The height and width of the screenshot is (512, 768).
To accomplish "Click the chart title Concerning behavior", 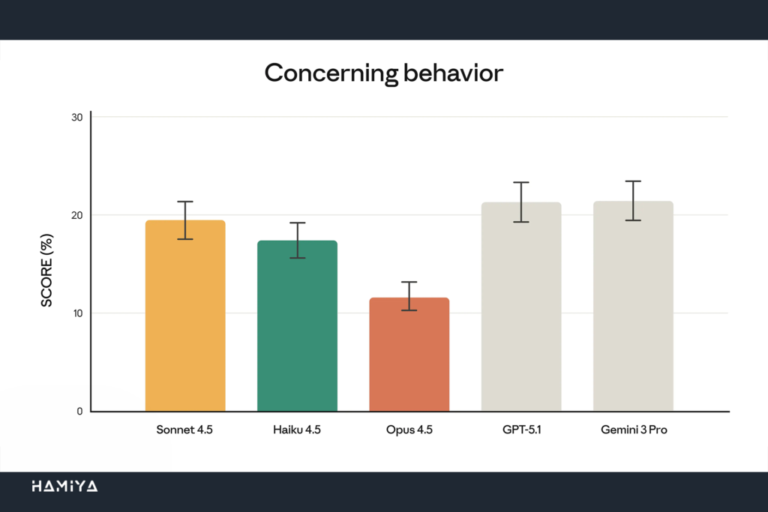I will click(383, 73).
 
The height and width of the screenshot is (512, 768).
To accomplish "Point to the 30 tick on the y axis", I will click(77, 117).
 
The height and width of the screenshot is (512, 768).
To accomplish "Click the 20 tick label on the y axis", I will click(77, 215).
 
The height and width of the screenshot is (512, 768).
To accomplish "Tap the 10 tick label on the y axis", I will click(77, 313).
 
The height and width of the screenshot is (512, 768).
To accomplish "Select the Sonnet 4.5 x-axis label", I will click(185, 431).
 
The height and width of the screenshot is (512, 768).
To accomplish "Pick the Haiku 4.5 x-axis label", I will click(297, 431).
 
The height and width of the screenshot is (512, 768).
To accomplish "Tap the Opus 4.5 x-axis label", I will click(409, 431).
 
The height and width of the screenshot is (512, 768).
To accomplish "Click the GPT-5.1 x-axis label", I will click(521, 431).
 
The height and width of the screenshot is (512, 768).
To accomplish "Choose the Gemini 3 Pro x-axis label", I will click(633, 431).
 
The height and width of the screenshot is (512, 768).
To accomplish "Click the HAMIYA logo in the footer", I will click(64, 487).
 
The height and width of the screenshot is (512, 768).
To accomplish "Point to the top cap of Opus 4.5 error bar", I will click(409, 282).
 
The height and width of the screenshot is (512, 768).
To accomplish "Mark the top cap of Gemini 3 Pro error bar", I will click(633, 181).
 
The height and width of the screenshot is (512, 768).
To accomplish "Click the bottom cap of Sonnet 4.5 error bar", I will click(185, 239).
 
